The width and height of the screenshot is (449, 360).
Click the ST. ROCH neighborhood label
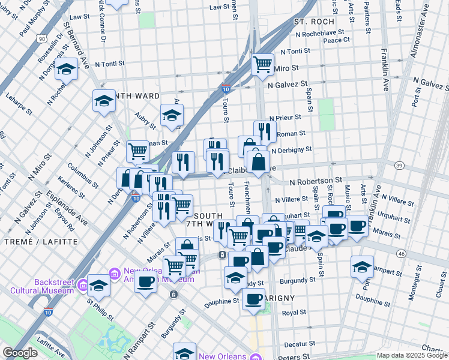pyautogui.click(x=310, y=22)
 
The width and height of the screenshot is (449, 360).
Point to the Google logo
pyautogui.click(x=20, y=353)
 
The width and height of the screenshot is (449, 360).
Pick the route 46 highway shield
pyautogui.click(x=401, y=254)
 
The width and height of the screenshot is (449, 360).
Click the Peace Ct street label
pyautogui.click(x=336, y=40)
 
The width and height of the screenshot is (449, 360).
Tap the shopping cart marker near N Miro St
pyautogui.click(x=262, y=64)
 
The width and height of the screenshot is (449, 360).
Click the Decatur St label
pyautogui.click(x=296, y=344)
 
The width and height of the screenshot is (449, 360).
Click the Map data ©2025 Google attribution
pyautogui.click(x=412, y=355)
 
